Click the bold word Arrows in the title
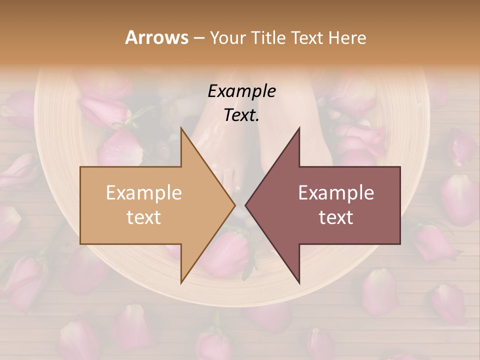coord(156,37)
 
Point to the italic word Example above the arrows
coord(241,91)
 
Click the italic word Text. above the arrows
coord(241,115)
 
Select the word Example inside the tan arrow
coord(143,193)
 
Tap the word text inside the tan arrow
coord(143,217)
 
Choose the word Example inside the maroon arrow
coord(336,193)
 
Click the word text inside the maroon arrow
coord(336,217)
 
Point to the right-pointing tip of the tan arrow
coord(235,205)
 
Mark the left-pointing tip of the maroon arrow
coord(245,205)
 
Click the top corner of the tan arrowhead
coord(181,127)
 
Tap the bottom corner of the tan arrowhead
coord(181,283)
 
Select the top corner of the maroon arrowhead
coord(299,127)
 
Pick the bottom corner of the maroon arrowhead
coord(299,283)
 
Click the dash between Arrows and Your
coord(198,38)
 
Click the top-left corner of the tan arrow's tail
coord(80,167)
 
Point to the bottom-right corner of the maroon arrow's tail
coord(400,244)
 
